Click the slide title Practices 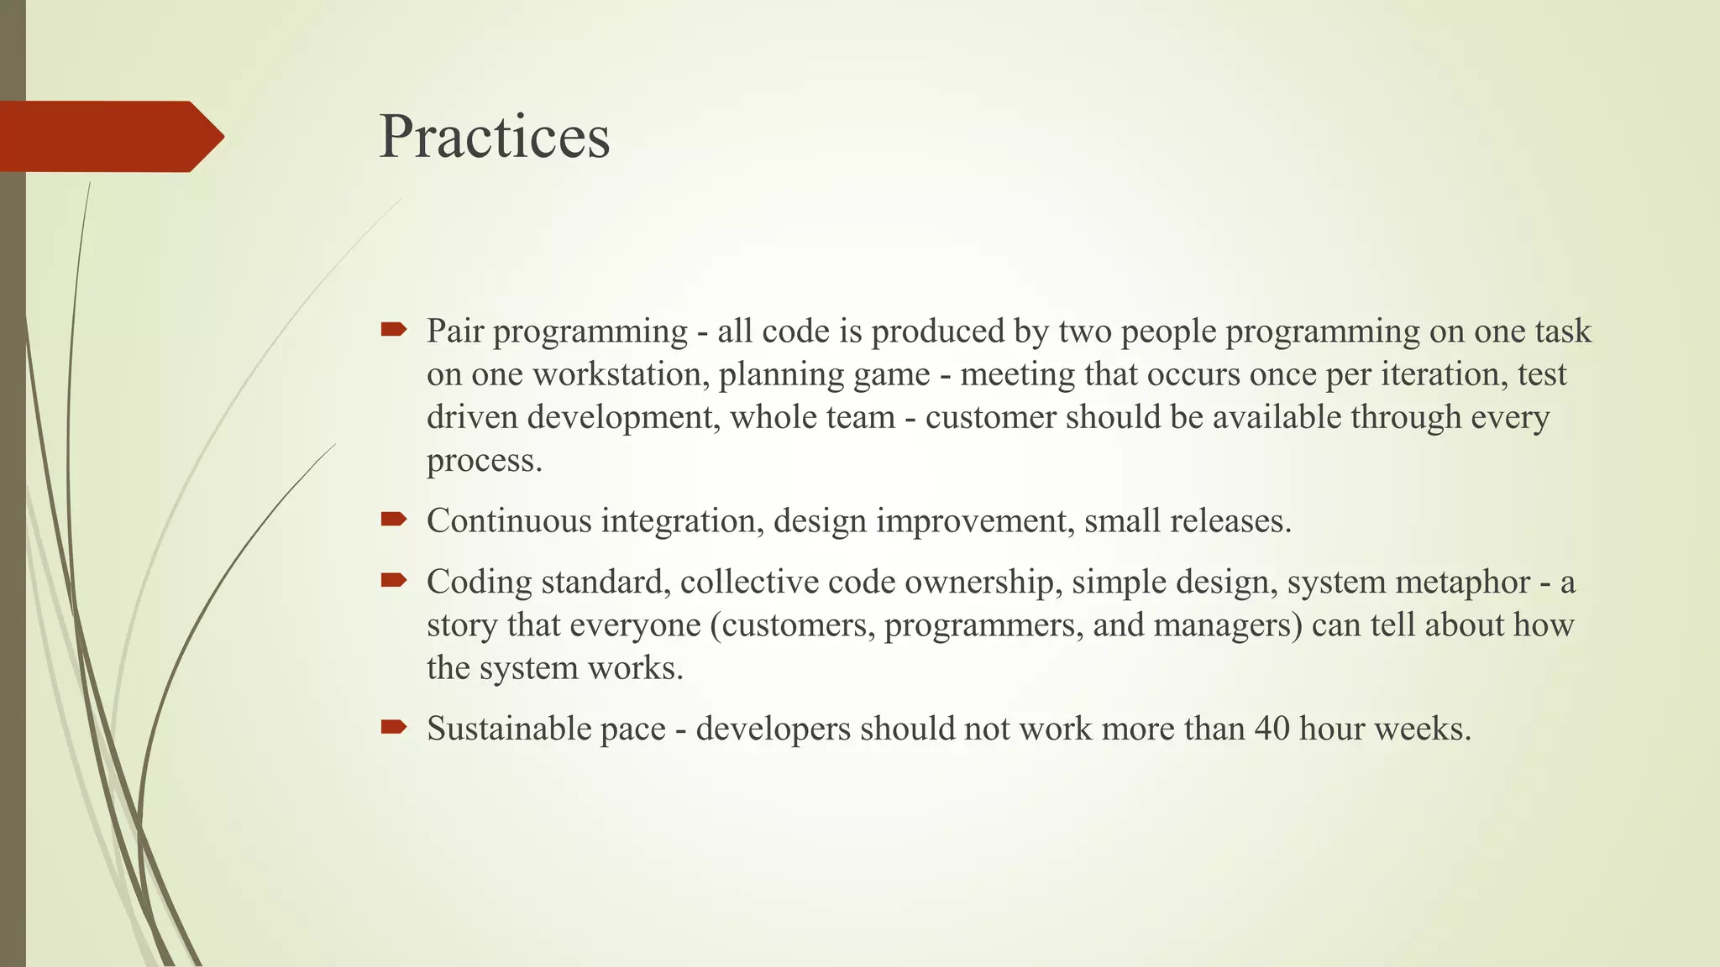point(494,137)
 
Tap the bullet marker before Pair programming point(393,330)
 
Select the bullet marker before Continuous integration point(393,520)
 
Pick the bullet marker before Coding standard point(393,580)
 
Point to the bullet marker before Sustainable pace point(393,727)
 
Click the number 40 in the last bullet point(1272,729)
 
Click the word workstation point(624,374)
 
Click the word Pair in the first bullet point(454,332)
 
